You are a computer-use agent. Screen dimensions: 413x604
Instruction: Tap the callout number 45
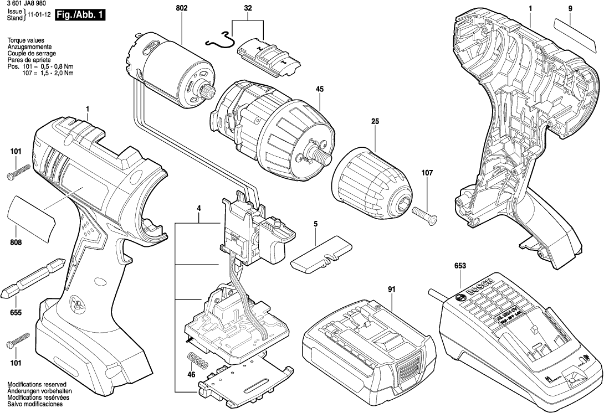tap(320, 88)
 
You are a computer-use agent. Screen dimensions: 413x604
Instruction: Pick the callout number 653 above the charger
tap(460, 266)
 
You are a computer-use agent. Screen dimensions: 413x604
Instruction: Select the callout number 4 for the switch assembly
tap(198, 209)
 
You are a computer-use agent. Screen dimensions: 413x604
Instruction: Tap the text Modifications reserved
tap(37, 384)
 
